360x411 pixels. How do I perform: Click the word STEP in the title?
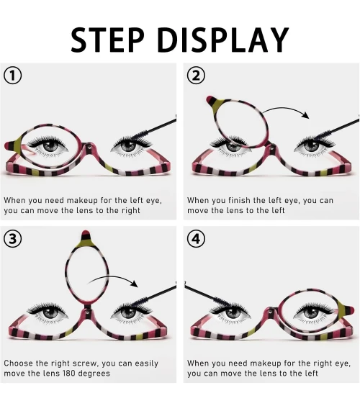107,40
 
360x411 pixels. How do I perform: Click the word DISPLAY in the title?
222,40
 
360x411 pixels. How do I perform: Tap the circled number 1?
12,76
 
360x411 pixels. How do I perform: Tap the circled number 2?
196,76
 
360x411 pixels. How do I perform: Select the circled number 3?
12,239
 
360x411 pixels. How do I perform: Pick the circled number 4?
196,239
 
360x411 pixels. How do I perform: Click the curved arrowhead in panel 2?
305,115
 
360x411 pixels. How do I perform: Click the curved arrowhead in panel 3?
134,284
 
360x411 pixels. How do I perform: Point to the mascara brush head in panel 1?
139,135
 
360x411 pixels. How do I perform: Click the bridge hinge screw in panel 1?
90,148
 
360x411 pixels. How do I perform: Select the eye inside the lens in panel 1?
48,145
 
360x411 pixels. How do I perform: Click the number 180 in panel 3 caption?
69,373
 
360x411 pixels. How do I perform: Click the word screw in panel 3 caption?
85,363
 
